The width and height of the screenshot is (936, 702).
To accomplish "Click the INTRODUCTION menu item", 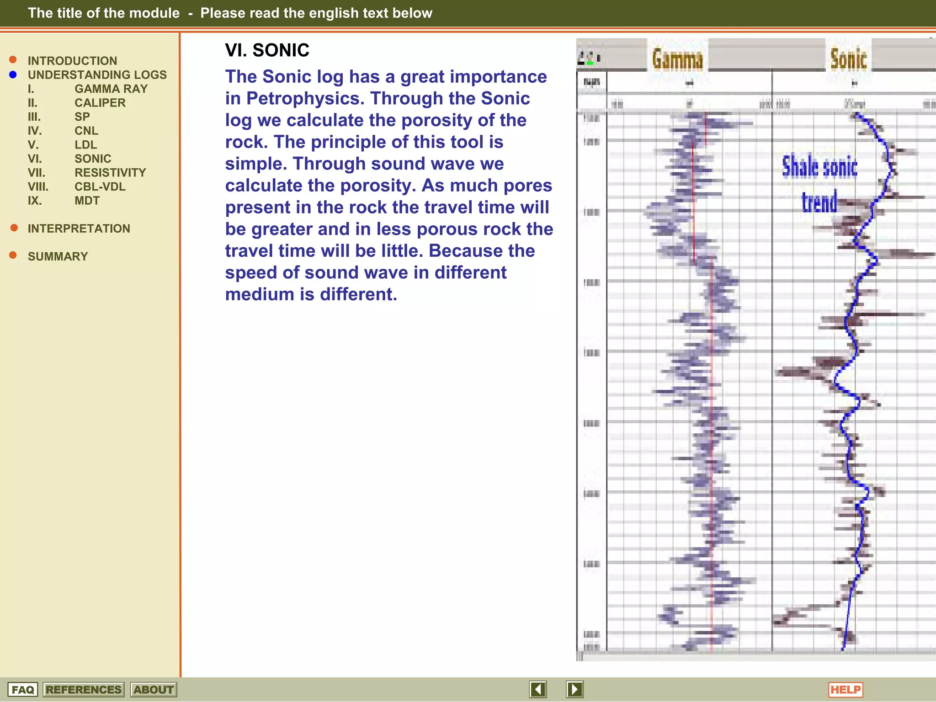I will click(x=72, y=61).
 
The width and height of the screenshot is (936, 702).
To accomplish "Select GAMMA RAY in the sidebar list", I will click(x=111, y=89).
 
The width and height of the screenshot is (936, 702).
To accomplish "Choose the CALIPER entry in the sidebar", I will click(x=100, y=103).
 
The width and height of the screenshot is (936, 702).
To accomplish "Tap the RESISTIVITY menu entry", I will click(x=110, y=173).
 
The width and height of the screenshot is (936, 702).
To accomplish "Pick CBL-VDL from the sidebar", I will click(x=100, y=186).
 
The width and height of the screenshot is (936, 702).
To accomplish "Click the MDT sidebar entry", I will click(x=87, y=201).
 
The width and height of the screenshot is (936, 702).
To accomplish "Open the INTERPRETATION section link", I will click(x=79, y=229).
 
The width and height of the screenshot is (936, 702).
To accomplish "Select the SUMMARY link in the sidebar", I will click(x=58, y=256).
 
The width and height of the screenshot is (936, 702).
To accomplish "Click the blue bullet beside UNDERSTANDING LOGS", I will click(x=13, y=74).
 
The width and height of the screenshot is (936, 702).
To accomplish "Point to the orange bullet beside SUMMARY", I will click(x=13, y=255).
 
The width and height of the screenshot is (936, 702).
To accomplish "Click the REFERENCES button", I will click(x=84, y=690).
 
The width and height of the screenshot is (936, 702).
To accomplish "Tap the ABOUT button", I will click(x=154, y=690).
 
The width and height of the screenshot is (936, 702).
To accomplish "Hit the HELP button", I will click(x=845, y=690).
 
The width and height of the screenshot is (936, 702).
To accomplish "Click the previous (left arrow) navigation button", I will click(x=538, y=689).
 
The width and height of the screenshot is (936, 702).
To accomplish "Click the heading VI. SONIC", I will click(x=267, y=50).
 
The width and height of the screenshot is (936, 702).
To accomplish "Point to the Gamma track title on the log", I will click(x=677, y=59).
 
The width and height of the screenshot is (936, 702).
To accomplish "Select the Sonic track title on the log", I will click(x=848, y=59).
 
